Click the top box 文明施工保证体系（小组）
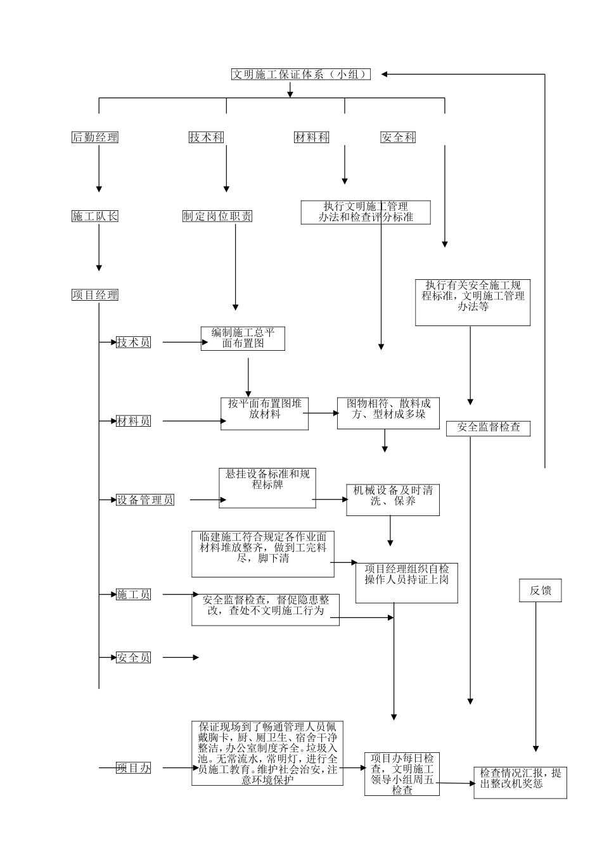tap(300, 74)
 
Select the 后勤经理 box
tap(95, 137)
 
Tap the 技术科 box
tap(207, 137)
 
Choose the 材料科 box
tap(312, 137)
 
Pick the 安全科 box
tap(398, 137)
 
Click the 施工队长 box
tap(95, 217)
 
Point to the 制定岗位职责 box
tap(217, 217)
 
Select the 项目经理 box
tap(95, 295)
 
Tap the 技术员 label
tap(134, 343)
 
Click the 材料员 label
tap(134, 421)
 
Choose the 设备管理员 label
tap(145, 500)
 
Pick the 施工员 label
tap(134, 595)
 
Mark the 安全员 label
tap(134, 658)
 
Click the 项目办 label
tap(134, 768)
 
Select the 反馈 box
tap(541, 591)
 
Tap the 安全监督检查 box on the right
tap(488, 428)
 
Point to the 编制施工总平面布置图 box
tap(243, 338)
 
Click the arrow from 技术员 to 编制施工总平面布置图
tap(181, 343)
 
